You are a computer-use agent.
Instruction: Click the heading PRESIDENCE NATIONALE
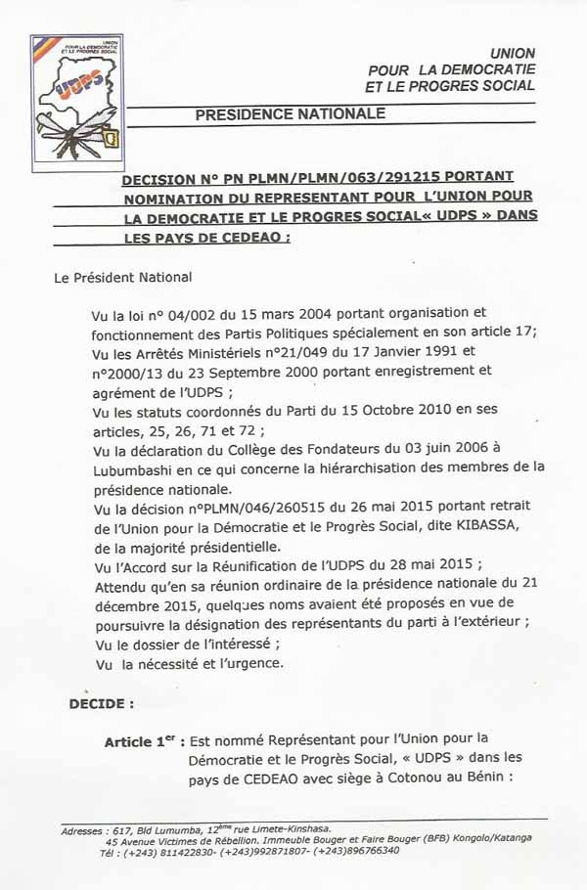coord(290,114)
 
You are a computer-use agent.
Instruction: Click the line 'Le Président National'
coord(123,278)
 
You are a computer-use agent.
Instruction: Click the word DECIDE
coord(102,703)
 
